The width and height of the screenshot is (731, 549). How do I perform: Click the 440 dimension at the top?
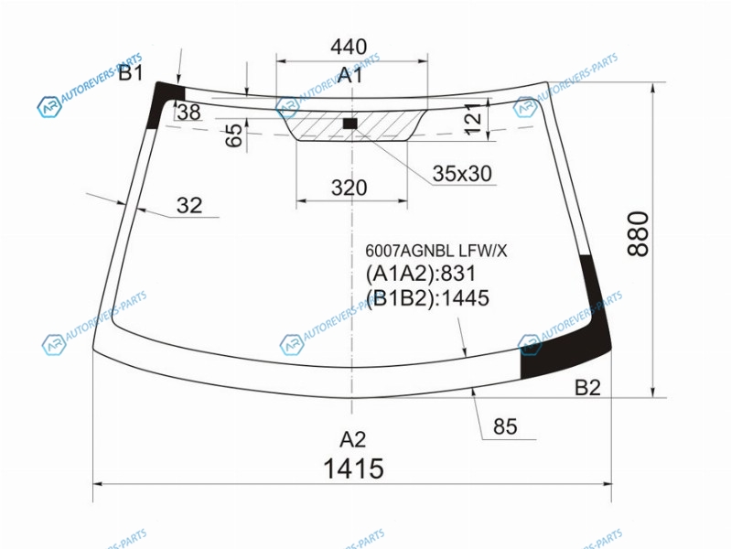(x=349, y=47)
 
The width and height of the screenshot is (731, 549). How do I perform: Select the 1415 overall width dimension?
(x=353, y=468)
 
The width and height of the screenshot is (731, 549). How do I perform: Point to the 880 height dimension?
(x=639, y=233)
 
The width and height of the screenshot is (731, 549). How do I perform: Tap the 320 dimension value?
(x=349, y=188)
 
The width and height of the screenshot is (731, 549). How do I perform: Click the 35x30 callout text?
(x=462, y=174)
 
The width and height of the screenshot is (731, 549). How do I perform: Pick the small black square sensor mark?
(x=350, y=124)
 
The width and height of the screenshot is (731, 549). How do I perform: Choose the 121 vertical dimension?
(x=473, y=119)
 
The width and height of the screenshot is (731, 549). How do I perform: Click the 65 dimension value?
(x=234, y=135)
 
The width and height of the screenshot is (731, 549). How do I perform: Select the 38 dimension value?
(x=189, y=112)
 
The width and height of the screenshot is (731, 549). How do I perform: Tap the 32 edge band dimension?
(x=189, y=205)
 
